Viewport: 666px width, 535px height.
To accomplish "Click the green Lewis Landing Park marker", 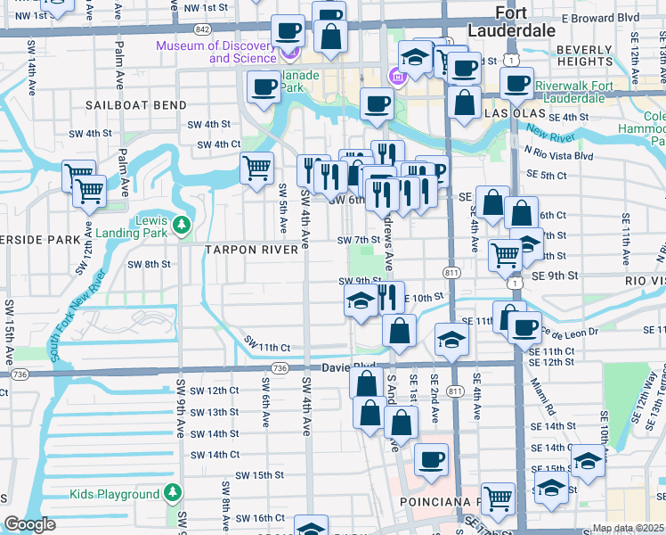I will [183, 223].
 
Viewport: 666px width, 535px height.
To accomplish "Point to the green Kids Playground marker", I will [173, 493].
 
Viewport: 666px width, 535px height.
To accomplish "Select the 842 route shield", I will [204, 29].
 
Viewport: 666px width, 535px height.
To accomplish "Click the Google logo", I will [29, 524].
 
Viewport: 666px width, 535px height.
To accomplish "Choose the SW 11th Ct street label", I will [267, 346].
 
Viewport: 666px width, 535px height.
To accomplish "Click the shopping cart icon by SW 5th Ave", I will [256, 166].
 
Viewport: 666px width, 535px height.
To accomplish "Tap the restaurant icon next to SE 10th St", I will [386, 296].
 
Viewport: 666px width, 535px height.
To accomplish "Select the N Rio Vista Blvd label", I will [558, 154].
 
